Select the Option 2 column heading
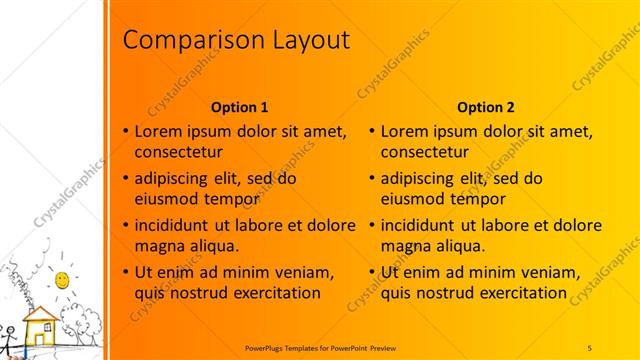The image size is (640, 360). (x=486, y=107)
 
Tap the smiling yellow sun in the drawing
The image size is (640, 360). (x=62, y=276)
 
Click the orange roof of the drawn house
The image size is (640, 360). (x=41, y=314)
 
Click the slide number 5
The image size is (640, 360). (x=589, y=346)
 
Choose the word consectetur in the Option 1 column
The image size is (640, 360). (x=177, y=152)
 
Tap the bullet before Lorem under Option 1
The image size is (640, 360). (x=125, y=132)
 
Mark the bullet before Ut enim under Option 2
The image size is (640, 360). (x=372, y=272)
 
